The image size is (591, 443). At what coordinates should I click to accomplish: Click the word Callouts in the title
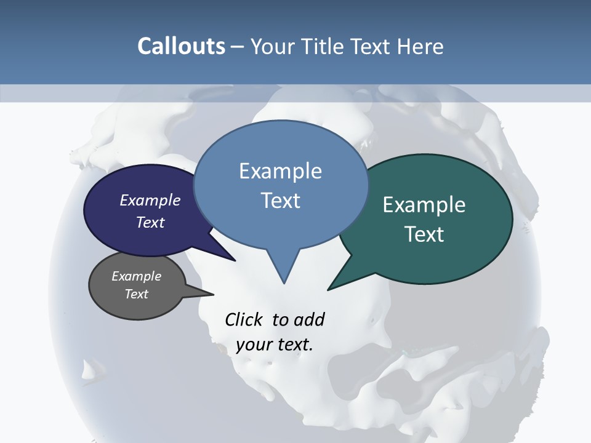181,46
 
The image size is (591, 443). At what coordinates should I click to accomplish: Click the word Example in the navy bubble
150,200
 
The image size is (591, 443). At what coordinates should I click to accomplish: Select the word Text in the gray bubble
136,294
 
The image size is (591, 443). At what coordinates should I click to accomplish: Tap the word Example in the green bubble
424,205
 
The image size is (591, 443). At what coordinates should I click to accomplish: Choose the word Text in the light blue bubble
281,201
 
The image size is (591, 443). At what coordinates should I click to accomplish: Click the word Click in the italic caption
245,319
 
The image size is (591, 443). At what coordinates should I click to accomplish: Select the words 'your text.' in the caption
275,345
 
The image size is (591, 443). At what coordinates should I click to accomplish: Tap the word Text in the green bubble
424,234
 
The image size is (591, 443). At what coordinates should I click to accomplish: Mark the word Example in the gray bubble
136,276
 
